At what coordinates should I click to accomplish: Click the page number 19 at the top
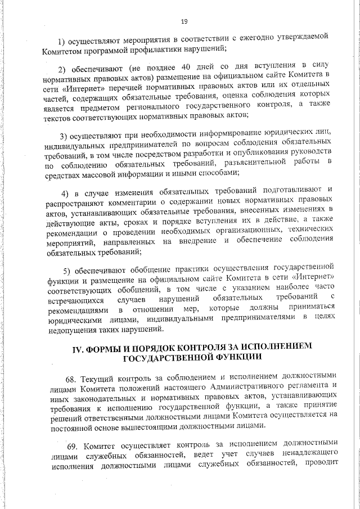184,21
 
